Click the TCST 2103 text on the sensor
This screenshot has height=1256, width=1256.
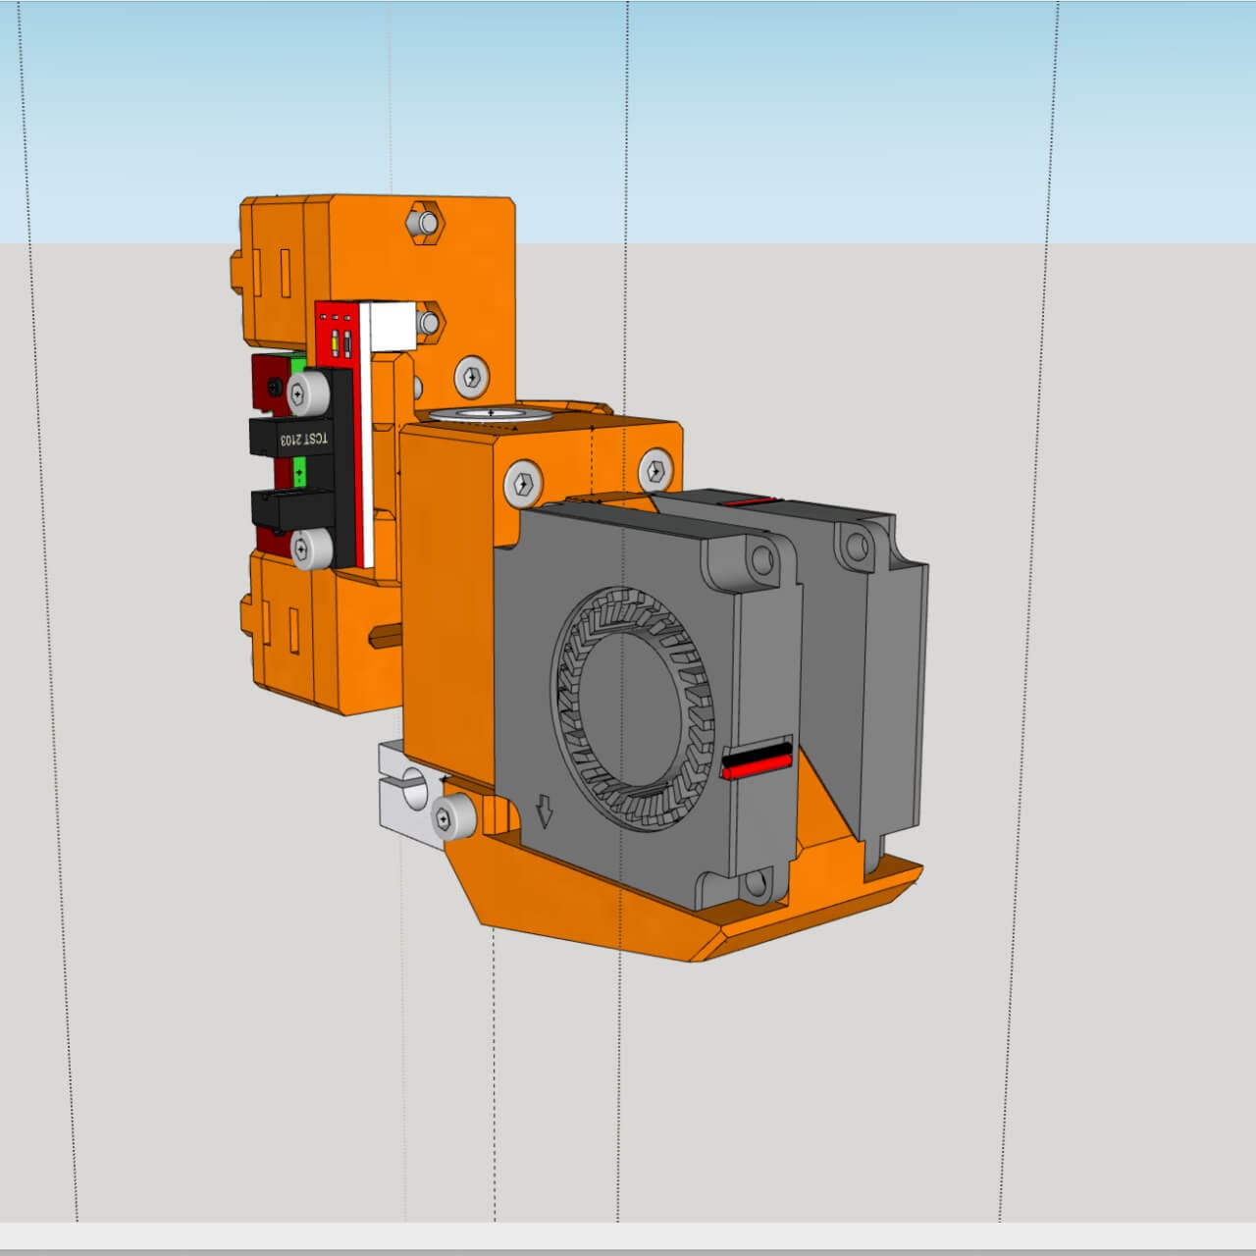tap(305, 440)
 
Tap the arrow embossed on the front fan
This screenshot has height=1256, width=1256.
tap(545, 811)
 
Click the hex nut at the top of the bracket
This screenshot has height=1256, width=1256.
tap(425, 223)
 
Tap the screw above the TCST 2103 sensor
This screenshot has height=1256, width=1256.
tap(309, 392)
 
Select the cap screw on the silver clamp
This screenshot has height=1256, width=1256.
tap(453, 816)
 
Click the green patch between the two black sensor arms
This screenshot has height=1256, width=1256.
tap(299, 473)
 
